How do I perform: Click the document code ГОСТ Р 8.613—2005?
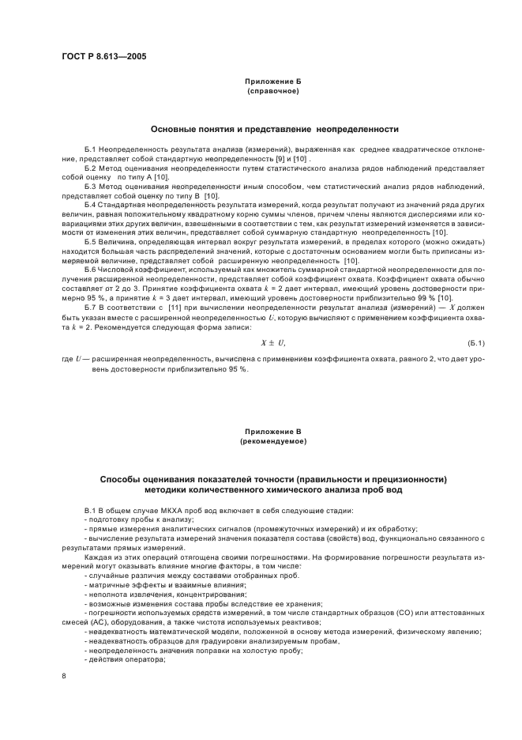[103, 56]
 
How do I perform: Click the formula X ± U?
[272, 342]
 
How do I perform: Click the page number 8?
[64, 675]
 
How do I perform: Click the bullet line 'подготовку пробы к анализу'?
[133, 519]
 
